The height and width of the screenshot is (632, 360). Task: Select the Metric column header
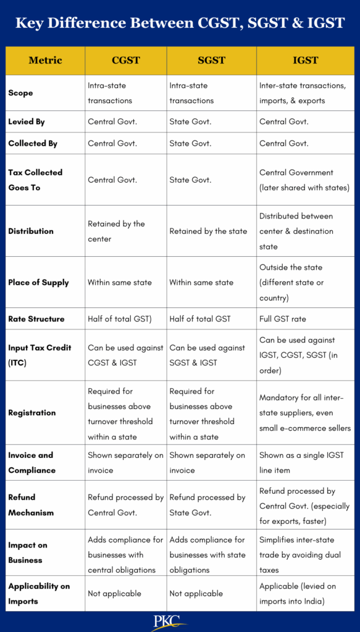[x=45, y=60]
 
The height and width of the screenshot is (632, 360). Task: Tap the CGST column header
[x=125, y=60]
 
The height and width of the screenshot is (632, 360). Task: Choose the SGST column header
[x=211, y=60]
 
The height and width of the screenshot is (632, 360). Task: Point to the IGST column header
[x=305, y=60]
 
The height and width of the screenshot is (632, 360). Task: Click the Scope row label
[x=20, y=93]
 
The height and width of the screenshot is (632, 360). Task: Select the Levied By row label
[x=27, y=122]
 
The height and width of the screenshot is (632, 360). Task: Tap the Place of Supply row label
[x=38, y=282]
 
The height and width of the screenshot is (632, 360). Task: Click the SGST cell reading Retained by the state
[x=208, y=231]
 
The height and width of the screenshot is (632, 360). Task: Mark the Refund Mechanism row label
[x=31, y=505]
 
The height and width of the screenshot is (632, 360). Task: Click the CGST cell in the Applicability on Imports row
[x=114, y=593]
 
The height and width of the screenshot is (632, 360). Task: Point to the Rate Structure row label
[x=36, y=318]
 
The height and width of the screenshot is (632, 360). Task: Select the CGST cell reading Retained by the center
[x=116, y=231]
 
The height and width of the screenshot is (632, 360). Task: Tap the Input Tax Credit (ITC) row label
[x=40, y=355]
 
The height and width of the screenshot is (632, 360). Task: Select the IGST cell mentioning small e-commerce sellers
[x=304, y=413]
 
